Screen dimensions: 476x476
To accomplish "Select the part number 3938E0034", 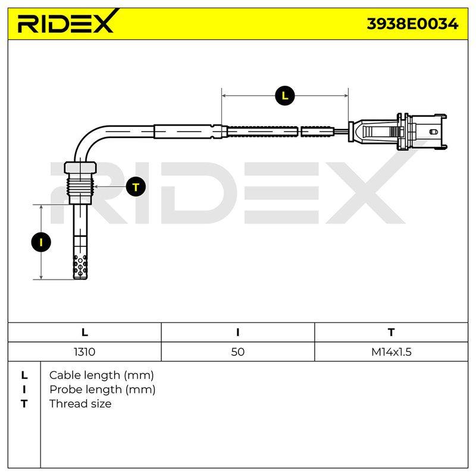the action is click(x=412, y=24).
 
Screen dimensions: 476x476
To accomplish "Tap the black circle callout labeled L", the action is click(x=284, y=96).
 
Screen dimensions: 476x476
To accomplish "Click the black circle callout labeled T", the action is click(x=136, y=186).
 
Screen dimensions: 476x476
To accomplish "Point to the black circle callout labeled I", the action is click(x=41, y=242).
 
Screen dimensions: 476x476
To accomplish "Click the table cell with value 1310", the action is click(x=84, y=352).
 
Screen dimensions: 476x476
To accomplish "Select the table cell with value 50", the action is click(x=237, y=352).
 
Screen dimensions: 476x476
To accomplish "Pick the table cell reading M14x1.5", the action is click(x=392, y=352).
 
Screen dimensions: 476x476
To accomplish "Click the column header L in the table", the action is click(x=84, y=333).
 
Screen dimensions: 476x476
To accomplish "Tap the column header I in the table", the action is click(x=237, y=333).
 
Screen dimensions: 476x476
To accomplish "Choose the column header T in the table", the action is click(x=392, y=333).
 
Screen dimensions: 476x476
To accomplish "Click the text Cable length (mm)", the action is click(x=101, y=375).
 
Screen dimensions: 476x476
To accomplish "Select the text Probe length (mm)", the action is click(x=102, y=390).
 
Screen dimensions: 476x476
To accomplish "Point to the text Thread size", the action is click(x=80, y=404).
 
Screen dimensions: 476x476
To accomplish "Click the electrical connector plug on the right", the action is click(x=397, y=131).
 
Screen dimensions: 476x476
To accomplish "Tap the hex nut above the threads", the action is click(x=80, y=168).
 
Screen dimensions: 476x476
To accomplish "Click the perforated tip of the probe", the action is click(x=80, y=266).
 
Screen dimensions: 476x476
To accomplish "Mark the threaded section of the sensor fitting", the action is click(x=80, y=184).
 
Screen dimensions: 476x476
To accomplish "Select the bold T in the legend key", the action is click(x=24, y=404).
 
